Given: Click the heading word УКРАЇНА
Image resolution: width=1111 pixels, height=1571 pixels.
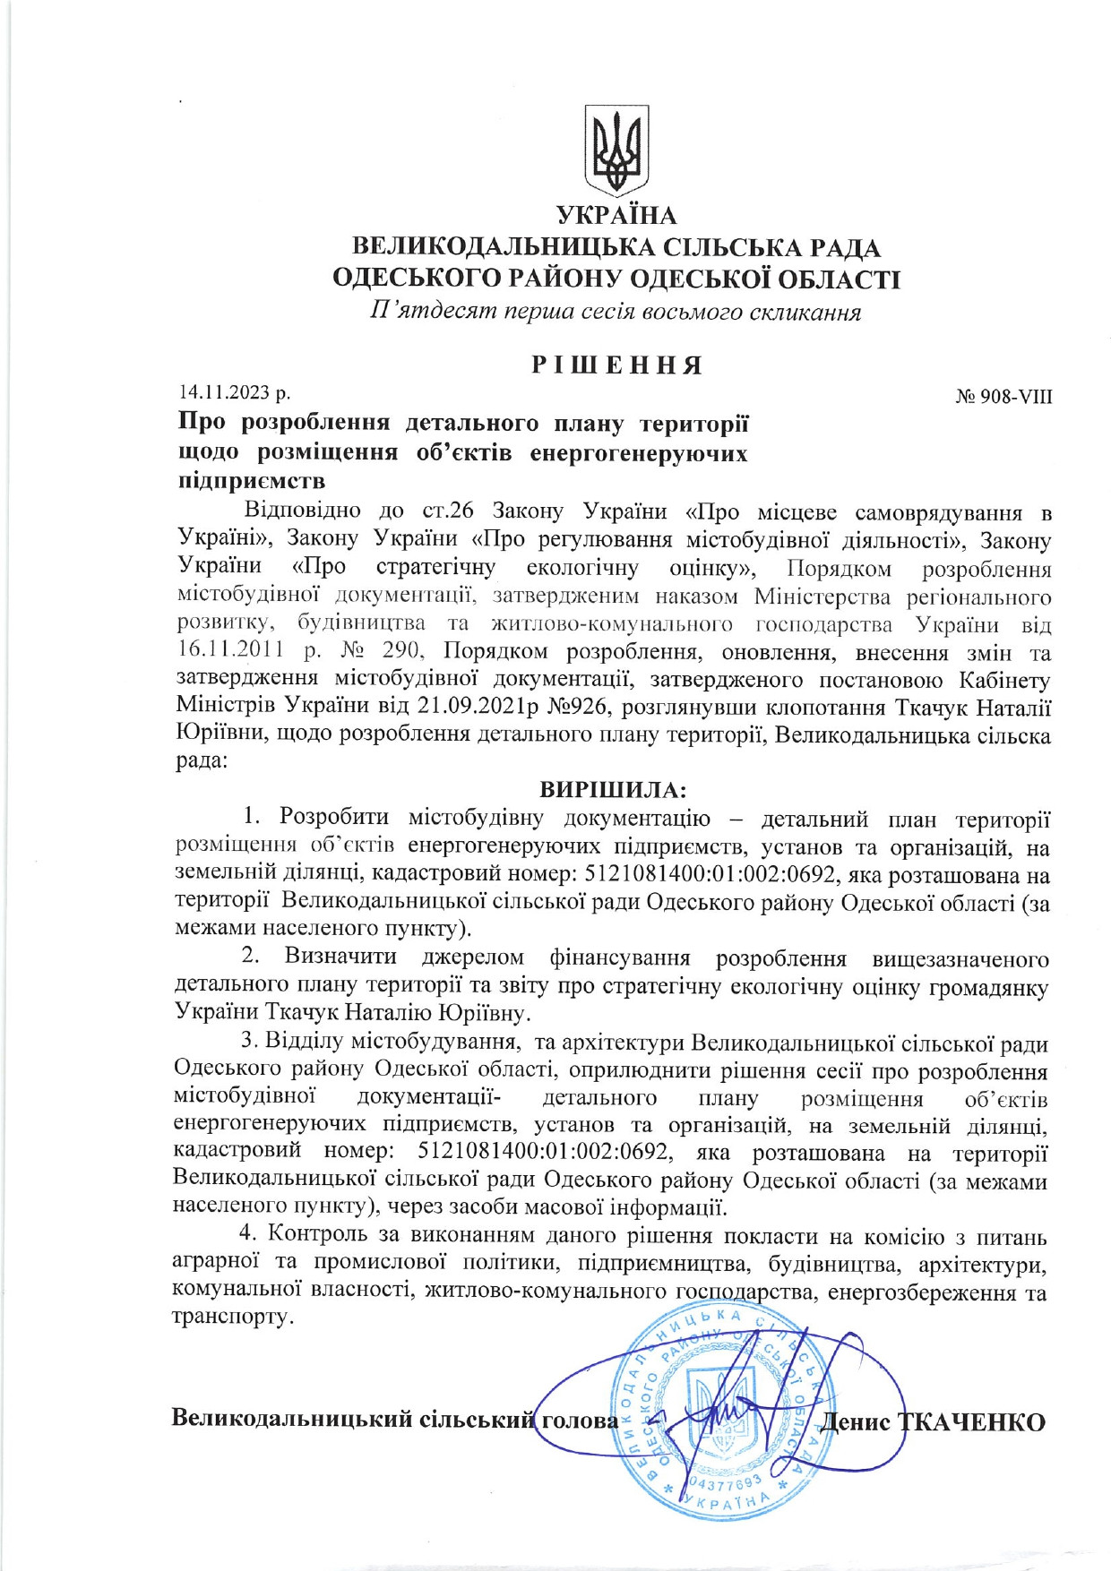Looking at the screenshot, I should (x=616, y=216).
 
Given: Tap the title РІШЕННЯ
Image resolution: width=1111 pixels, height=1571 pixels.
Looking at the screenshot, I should (x=616, y=365).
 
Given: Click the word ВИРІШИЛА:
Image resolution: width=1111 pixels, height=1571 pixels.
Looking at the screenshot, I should (x=613, y=790).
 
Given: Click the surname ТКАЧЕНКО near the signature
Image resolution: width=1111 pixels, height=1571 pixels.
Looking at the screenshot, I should (x=972, y=1421).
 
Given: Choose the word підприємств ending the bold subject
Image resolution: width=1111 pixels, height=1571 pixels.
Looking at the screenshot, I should (x=252, y=481).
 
